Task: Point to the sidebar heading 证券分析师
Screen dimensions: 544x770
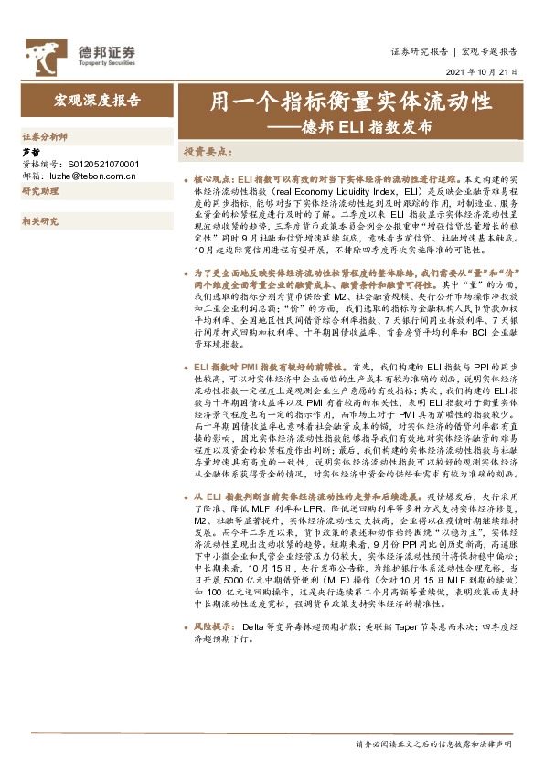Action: point(44,135)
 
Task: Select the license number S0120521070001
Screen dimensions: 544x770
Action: point(101,165)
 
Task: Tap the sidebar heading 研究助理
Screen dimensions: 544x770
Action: point(39,191)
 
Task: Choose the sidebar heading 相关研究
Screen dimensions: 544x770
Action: point(39,220)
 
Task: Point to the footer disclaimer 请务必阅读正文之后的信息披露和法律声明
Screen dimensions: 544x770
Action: point(439,745)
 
